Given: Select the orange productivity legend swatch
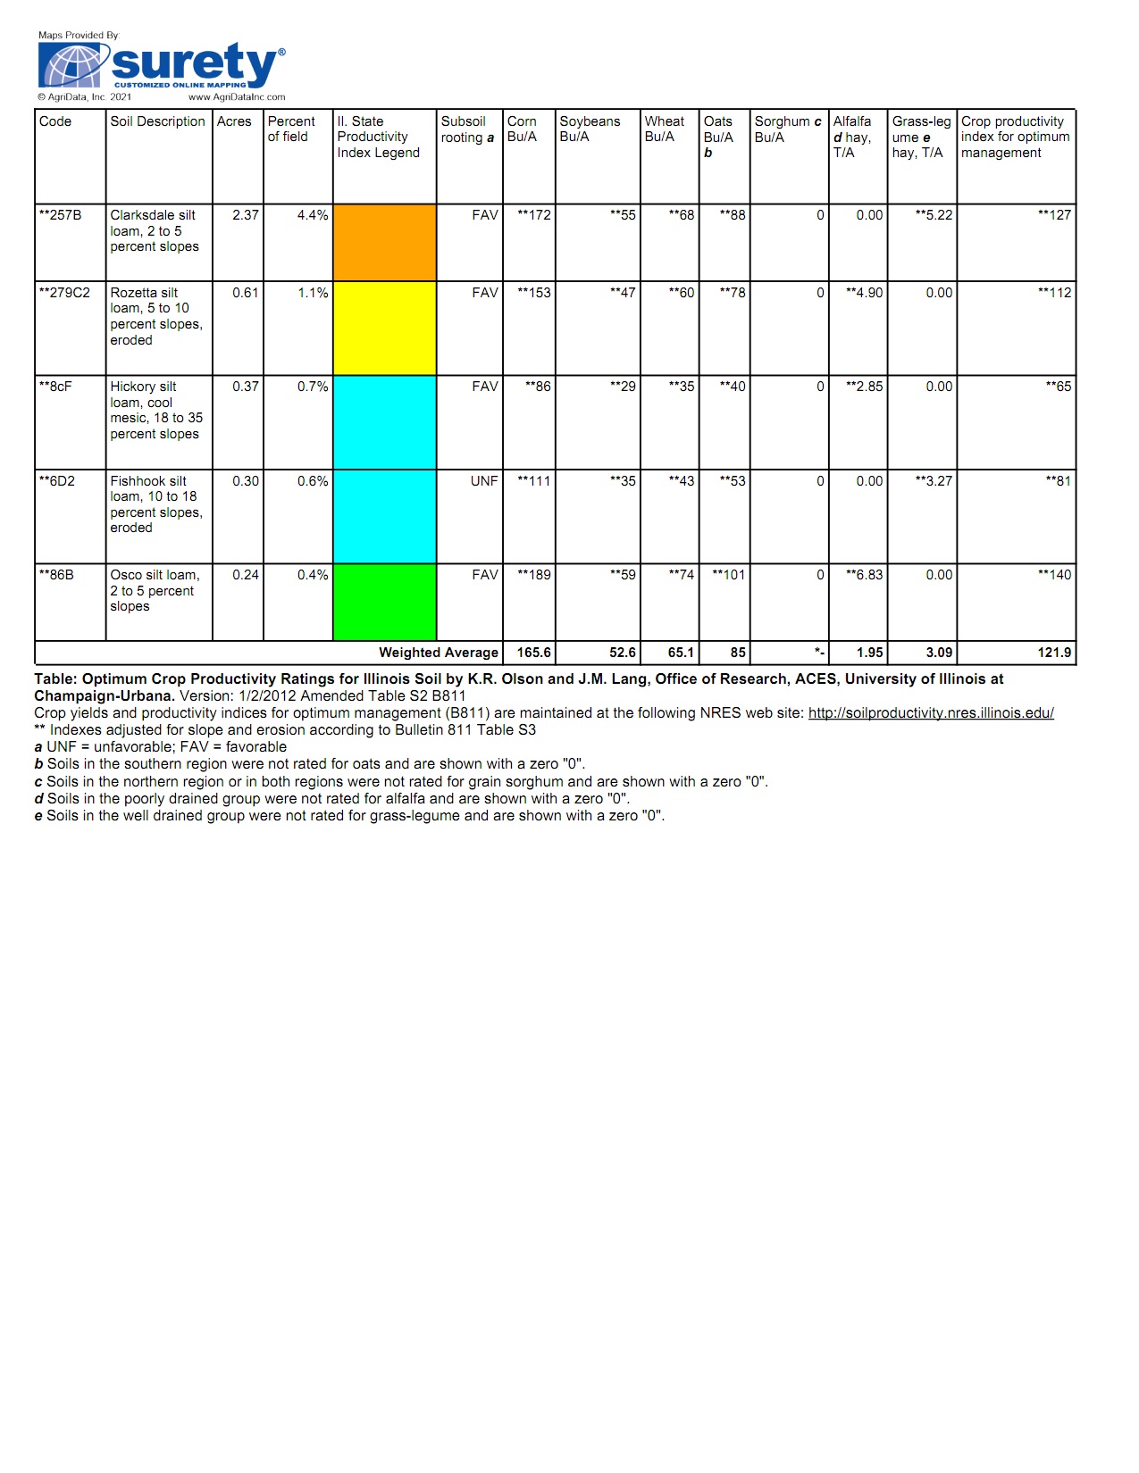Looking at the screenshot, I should click(384, 242).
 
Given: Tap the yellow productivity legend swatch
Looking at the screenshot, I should click(384, 328).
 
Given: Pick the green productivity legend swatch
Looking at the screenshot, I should click(384, 602).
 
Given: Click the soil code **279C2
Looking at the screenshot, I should click(64, 293).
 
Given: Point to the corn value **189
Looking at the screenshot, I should click(534, 575).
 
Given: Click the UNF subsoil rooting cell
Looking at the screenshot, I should click(484, 481).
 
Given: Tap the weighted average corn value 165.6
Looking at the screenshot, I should click(534, 653).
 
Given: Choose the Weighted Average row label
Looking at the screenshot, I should click(438, 653).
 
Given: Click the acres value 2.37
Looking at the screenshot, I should click(246, 215).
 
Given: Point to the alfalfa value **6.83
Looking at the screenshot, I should click(864, 575).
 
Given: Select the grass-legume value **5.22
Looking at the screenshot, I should click(934, 215).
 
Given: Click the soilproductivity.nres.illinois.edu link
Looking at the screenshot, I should click(931, 713).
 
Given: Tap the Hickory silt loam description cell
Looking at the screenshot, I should click(156, 411).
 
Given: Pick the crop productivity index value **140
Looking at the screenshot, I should click(1054, 575).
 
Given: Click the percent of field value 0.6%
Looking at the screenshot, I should click(313, 481).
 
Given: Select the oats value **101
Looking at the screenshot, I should click(728, 575).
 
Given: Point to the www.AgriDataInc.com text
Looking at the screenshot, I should click(237, 97).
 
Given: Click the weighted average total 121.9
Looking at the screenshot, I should click(1054, 653).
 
